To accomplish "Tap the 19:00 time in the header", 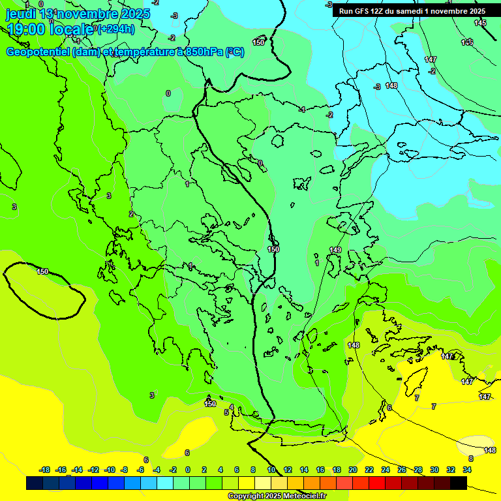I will (25, 29).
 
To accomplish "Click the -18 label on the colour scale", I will (45, 470).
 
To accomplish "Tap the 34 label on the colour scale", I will (467, 470).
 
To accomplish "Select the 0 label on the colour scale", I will (188, 470).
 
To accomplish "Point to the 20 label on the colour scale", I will (353, 470).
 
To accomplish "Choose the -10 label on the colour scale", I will (110, 470).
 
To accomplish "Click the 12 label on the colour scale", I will (288, 470).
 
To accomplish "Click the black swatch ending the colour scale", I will (459, 483).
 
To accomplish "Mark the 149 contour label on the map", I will (335, 250).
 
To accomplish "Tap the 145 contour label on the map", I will (480, 23).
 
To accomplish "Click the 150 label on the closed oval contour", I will (42, 271).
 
